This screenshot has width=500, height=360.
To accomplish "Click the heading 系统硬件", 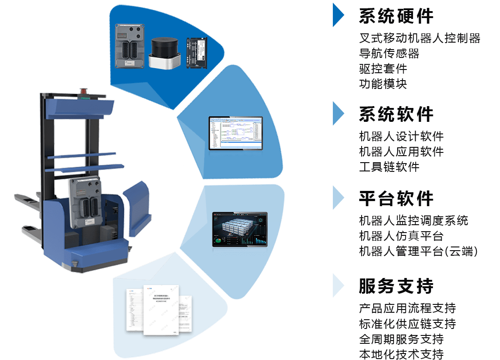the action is pyautogui.click(x=396, y=17).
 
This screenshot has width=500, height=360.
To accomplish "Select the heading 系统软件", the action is pyautogui.click(x=396, y=114).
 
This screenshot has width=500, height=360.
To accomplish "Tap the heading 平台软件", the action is pyautogui.click(x=396, y=198).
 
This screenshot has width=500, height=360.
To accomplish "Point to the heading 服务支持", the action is pyautogui.click(x=396, y=286).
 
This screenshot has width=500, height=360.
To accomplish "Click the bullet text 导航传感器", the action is pyautogui.click(x=389, y=53).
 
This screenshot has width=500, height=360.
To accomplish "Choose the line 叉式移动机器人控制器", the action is pyautogui.click(x=419, y=38).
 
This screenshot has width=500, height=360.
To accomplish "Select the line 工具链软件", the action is pyautogui.click(x=389, y=167).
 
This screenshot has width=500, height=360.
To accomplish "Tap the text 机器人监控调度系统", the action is pyautogui.click(x=413, y=221).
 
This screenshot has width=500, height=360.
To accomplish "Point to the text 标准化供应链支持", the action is pyautogui.click(x=407, y=323).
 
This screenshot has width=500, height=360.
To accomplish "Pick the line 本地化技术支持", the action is pyautogui.click(x=401, y=354).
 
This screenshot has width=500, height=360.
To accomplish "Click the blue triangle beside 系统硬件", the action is pyautogui.click(x=338, y=17).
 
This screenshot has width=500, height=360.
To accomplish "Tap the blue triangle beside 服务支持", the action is pyautogui.click(x=338, y=285).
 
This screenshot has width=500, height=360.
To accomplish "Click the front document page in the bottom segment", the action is pyautogui.click(x=160, y=309).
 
